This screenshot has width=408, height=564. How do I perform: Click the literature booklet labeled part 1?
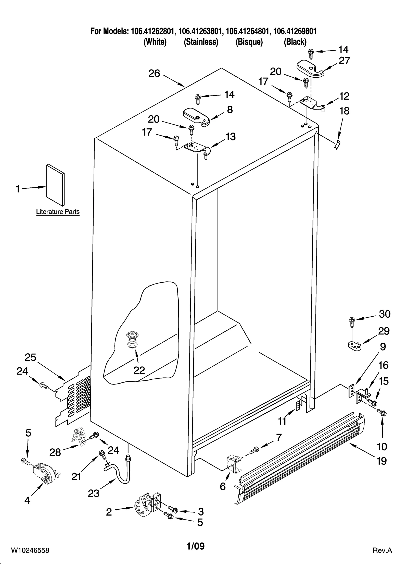(x=55, y=185)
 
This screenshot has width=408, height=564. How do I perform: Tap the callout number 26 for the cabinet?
(x=154, y=74)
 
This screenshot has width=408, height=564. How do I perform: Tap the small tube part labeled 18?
(x=337, y=145)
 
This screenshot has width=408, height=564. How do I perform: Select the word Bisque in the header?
(x=249, y=42)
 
